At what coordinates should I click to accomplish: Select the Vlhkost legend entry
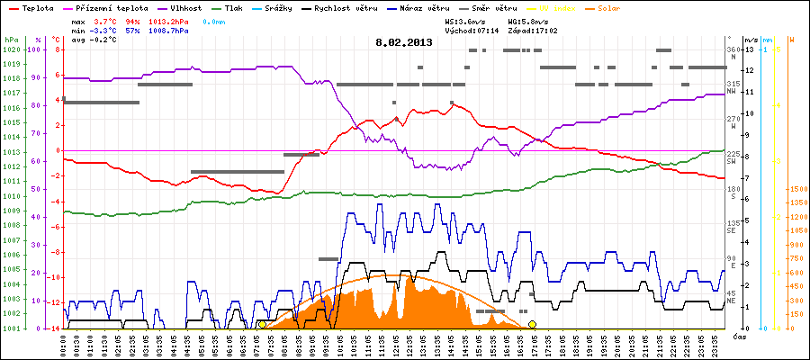[x=187, y=7]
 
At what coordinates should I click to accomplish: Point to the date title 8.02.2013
[x=404, y=41]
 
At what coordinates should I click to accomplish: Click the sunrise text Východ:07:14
[x=471, y=30]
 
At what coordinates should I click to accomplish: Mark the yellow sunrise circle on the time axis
[x=262, y=324]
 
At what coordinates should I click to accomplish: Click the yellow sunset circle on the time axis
[x=532, y=324]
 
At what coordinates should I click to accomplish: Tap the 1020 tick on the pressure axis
[x=11, y=49]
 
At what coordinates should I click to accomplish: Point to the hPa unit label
[x=11, y=40]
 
